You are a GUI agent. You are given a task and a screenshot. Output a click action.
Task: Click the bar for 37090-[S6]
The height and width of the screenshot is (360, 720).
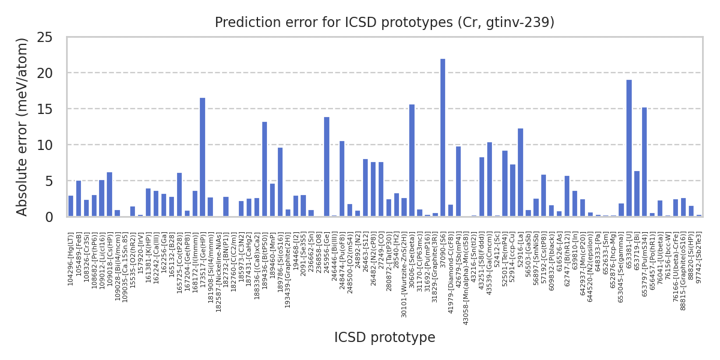(x=443, y=137)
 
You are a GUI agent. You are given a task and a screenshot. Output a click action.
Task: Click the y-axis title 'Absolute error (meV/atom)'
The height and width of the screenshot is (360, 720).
(x=23, y=127)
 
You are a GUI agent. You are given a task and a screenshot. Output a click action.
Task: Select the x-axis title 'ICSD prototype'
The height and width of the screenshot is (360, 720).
(x=385, y=338)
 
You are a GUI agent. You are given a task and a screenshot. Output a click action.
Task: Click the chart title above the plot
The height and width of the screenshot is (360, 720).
(x=385, y=23)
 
